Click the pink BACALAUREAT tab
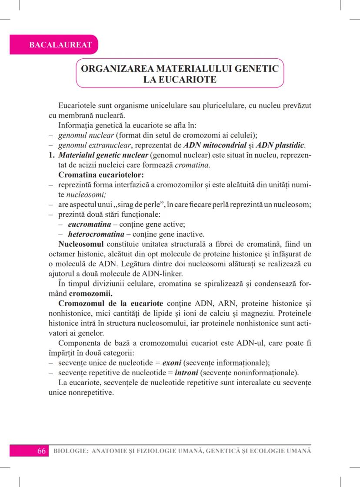tap(54, 45)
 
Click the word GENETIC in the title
tap(255, 69)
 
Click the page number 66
tap(42, 451)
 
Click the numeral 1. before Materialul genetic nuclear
tap(51, 154)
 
